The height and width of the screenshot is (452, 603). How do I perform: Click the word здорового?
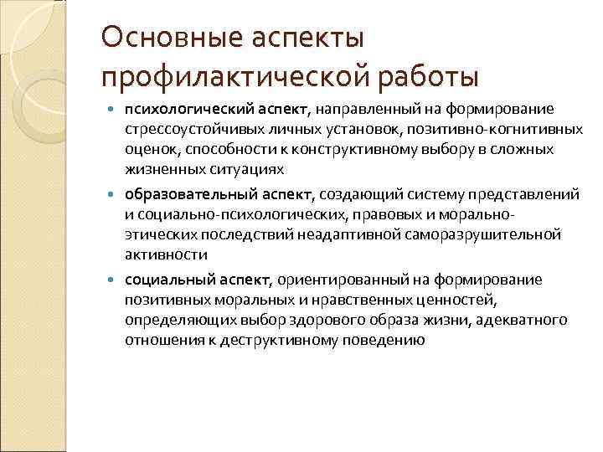point(334,320)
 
